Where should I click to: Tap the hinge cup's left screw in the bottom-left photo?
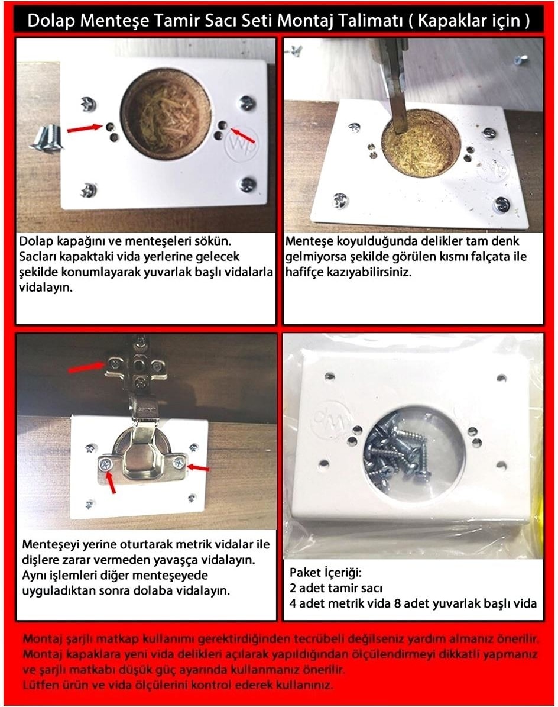pyautogui.click(x=106, y=463)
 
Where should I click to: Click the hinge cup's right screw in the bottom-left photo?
pyautogui.click(x=179, y=462)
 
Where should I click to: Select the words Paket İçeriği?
pyautogui.click(x=325, y=573)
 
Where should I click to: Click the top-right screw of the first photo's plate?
pyautogui.click(x=246, y=104)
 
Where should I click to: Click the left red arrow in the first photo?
pyautogui.click(x=85, y=129)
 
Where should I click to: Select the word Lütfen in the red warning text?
pyautogui.click(x=40, y=685)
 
